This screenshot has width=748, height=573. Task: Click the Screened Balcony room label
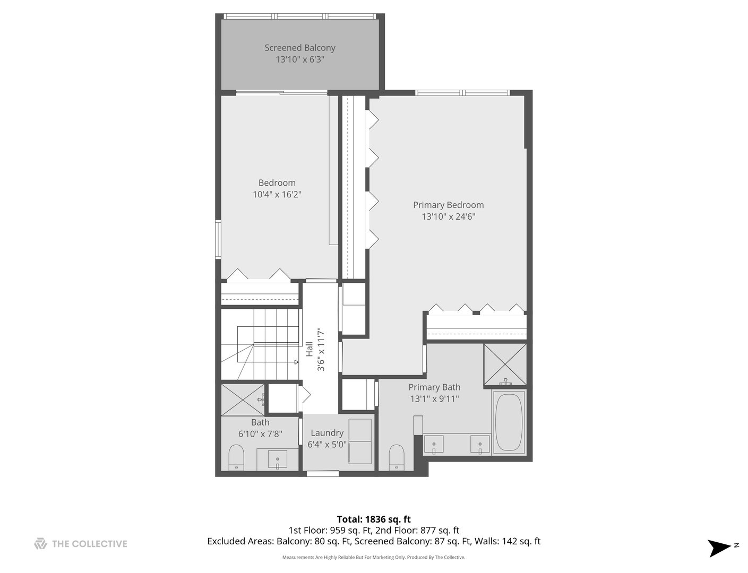click(300, 48)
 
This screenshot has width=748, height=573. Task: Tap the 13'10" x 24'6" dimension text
click(448, 216)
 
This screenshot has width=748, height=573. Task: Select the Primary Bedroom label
click(448, 205)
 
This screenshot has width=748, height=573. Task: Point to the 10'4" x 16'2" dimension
click(277, 195)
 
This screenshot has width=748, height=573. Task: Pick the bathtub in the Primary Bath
click(509, 423)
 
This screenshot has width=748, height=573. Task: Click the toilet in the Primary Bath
click(397, 457)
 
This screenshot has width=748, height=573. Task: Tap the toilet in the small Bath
click(236, 457)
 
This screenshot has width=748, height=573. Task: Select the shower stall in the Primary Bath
click(505, 365)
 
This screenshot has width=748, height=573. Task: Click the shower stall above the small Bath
click(242, 400)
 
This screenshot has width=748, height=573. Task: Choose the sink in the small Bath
click(277, 458)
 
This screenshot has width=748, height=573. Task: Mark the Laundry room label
click(327, 433)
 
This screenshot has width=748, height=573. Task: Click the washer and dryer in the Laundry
click(360, 441)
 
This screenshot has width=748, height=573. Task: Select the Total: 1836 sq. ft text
click(374, 519)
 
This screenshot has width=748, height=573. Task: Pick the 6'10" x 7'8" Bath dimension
click(260, 433)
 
